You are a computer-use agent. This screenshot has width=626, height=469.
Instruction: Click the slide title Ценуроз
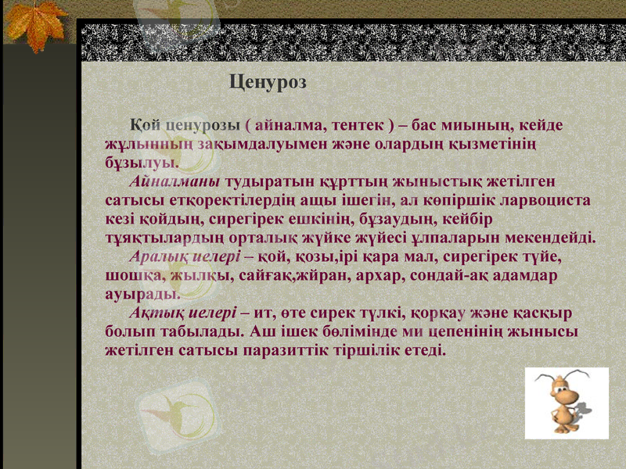click(268, 81)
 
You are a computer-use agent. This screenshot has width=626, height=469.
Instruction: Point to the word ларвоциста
click(548, 201)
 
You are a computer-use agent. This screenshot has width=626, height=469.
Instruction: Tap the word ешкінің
click(310, 220)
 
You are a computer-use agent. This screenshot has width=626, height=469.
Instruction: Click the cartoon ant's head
click(558, 384)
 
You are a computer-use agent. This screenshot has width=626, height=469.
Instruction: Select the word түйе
click(543, 256)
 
